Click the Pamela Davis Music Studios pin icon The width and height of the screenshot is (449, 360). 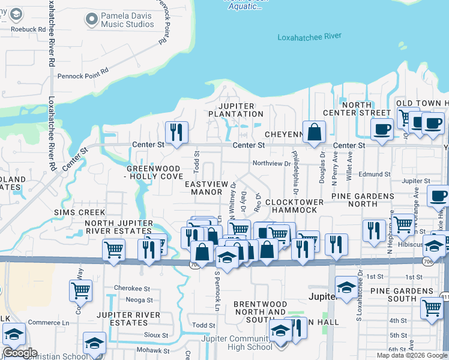[x=91, y=20]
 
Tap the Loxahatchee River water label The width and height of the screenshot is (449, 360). [x=309, y=37]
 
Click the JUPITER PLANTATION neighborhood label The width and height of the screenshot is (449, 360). [x=235, y=109]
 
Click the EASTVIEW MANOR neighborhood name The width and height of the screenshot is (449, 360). [x=206, y=188]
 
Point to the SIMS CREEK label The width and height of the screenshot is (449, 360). [x=80, y=212]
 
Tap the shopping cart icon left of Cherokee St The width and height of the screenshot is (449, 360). [x=80, y=291]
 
